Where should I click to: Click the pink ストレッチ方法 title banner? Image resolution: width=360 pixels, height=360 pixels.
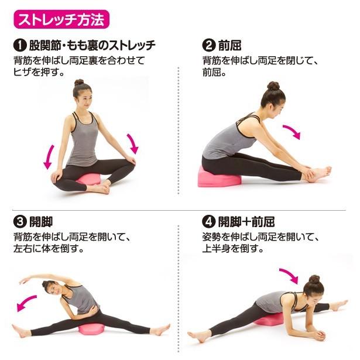61,19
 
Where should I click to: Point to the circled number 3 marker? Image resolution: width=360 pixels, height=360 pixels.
19,222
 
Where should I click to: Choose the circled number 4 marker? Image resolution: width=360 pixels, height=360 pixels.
208,222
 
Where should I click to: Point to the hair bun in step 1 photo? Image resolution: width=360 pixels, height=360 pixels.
78,83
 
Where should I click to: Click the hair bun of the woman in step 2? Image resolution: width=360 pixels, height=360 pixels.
273,86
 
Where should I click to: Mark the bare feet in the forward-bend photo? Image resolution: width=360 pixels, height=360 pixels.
320,173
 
